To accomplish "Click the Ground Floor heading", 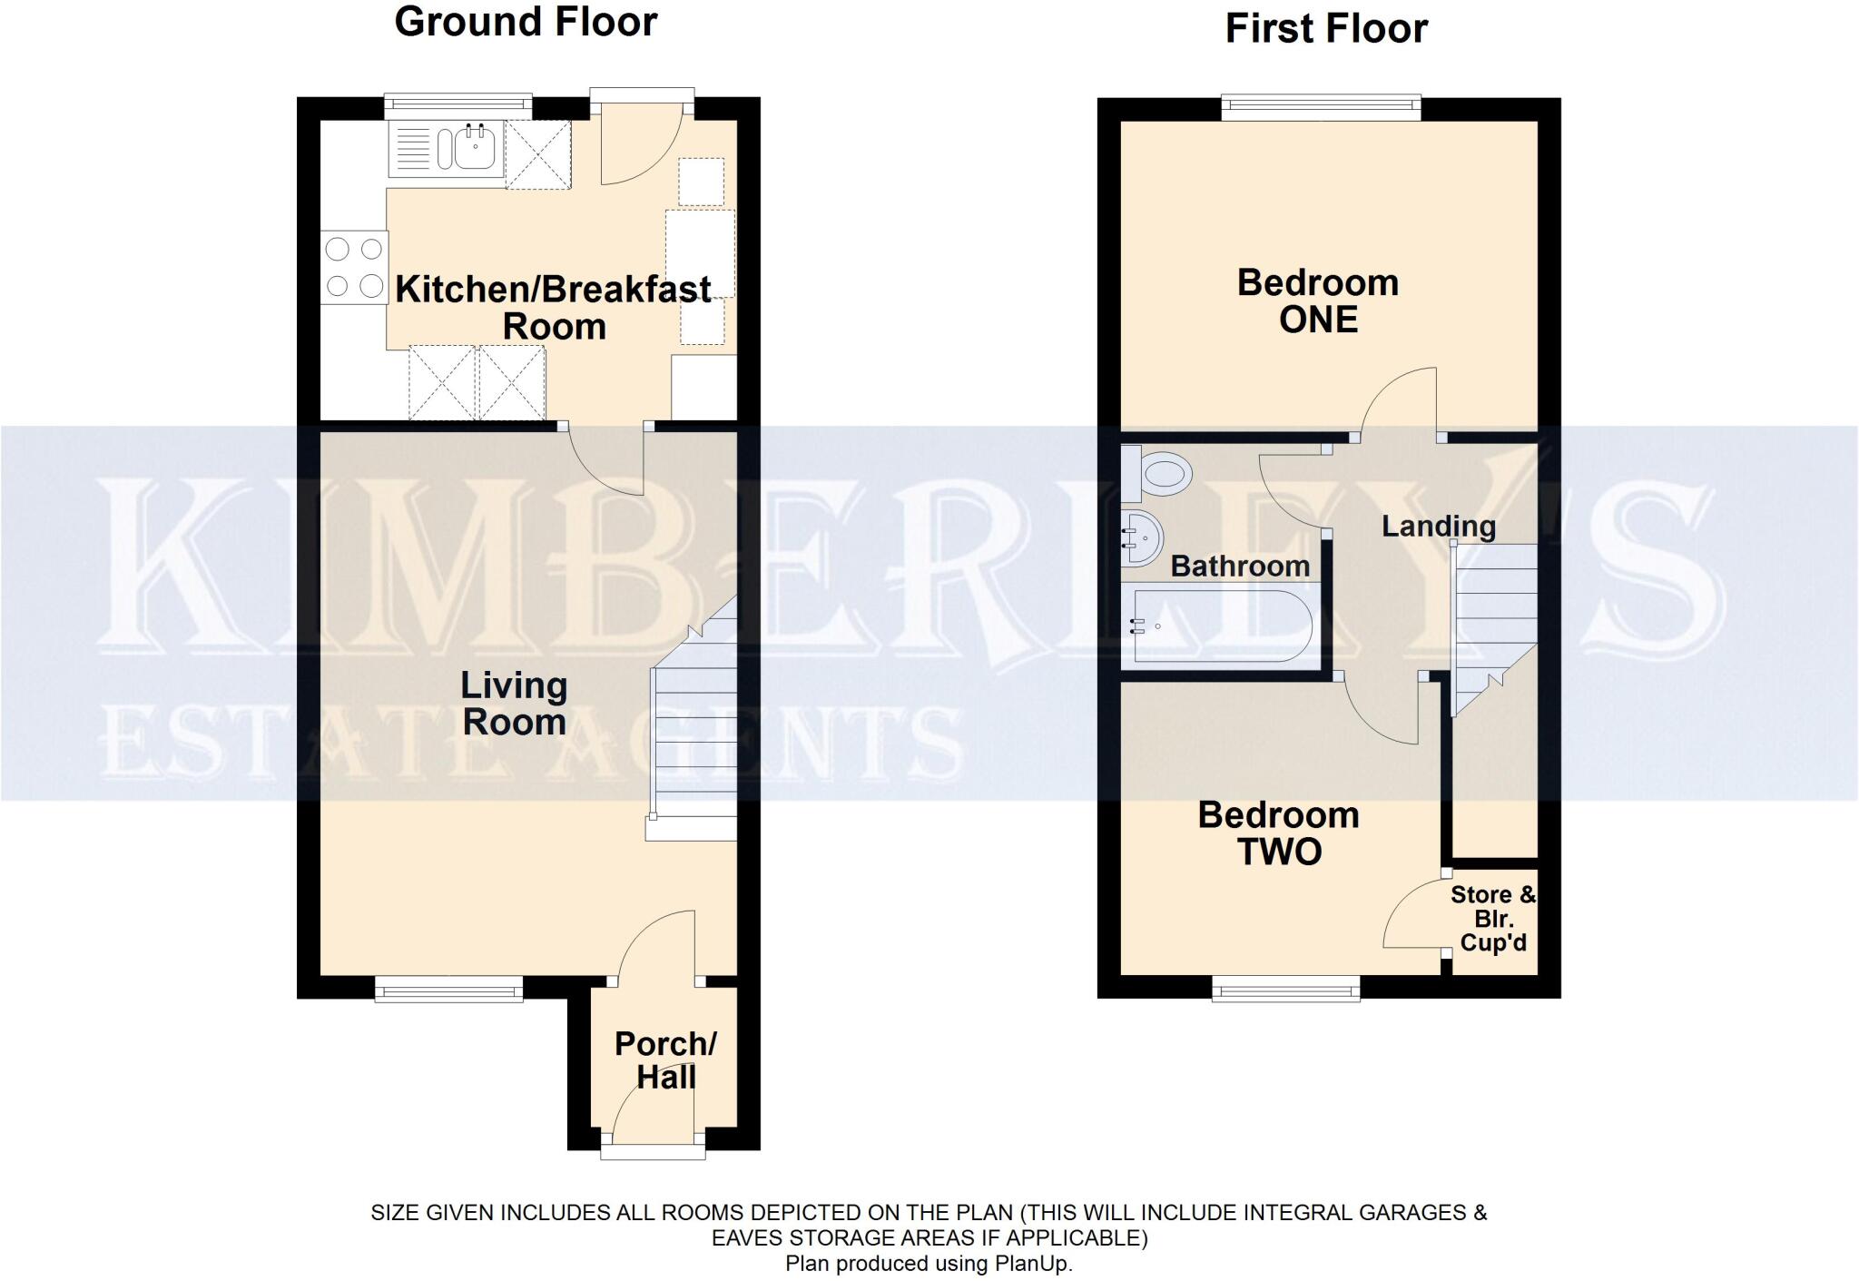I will [x=526, y=22].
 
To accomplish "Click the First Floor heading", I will [x=1326, y=28].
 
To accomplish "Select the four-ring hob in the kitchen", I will [x=354, y=267].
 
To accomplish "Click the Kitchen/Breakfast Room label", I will [x=554, y=308].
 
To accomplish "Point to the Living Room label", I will [x=514, y=704].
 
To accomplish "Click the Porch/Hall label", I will [x=665, y=1059].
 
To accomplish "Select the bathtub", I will [x=1217, y=626].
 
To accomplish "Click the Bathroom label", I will [x=1240, y=567].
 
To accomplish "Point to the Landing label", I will [x=1439, y=527].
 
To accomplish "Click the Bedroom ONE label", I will [x=1318, y=301].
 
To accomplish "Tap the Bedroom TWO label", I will [x=1279, y=833].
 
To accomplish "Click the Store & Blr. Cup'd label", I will [x=1493, y=919].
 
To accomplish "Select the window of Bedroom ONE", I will [x=1321, y=108].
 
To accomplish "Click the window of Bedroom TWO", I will [x=1286, y=989].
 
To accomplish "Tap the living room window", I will [x=449, y=989].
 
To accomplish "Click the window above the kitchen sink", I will [x=457, y=107].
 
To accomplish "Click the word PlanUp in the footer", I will [x=1029, y=1264].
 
